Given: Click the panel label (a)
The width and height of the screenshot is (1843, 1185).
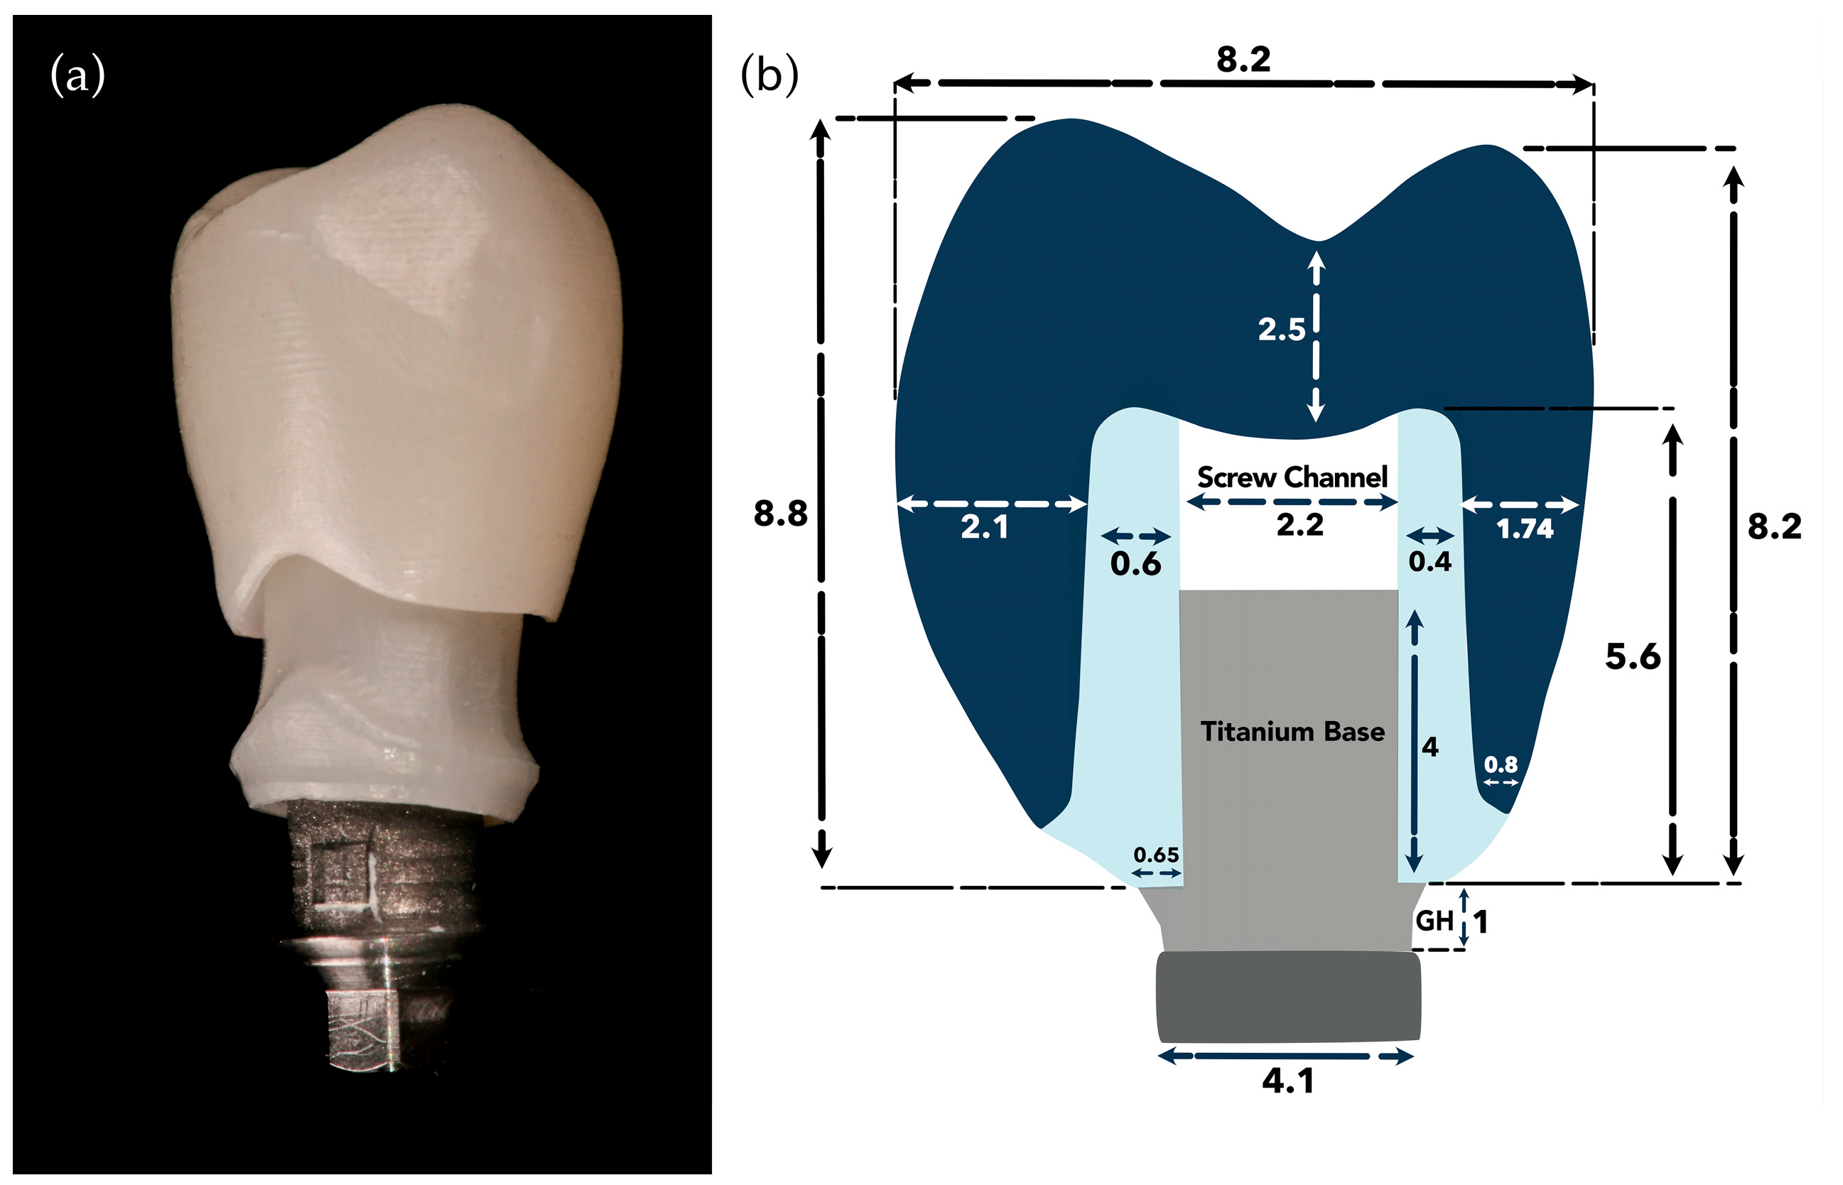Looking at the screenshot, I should pos(77,76).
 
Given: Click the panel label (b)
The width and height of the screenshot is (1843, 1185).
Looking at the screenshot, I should pos(769,76).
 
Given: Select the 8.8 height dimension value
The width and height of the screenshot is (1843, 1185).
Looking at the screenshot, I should pos(779,513).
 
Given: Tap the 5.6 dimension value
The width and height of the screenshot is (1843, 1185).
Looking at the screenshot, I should pos(1632,656).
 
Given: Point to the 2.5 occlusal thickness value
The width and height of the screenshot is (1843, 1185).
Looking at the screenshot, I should pos(1281,330).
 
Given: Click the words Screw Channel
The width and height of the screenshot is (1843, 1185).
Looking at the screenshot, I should pos(1292,477).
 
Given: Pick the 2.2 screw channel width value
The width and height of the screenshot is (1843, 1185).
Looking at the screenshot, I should pos(1299,525).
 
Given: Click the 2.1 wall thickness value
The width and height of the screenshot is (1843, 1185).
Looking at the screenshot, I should pos(984,527).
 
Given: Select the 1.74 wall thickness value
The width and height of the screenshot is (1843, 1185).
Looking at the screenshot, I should pos(1525,529).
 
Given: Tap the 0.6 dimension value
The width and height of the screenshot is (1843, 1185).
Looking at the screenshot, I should pos(1135,564).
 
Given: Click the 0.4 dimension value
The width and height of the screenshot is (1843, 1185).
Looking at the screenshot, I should pos(1429,562).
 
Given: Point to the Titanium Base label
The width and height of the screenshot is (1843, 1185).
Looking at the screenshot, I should pos(1293,731).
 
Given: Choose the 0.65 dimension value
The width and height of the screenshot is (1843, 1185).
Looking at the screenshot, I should pos(1156,855).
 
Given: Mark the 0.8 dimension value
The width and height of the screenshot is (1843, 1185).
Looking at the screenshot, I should pos(1501,764).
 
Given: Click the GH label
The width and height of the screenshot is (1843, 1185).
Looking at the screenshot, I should pos(1434,920).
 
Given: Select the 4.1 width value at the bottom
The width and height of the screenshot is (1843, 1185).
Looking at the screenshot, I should pos(1287,1081).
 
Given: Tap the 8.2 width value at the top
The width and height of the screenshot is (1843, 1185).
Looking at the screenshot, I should pos(1243,59).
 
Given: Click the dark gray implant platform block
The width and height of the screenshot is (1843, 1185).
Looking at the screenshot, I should pos(1288,996).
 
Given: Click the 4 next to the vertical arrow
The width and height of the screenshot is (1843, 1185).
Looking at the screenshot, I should pos(1429,747).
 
